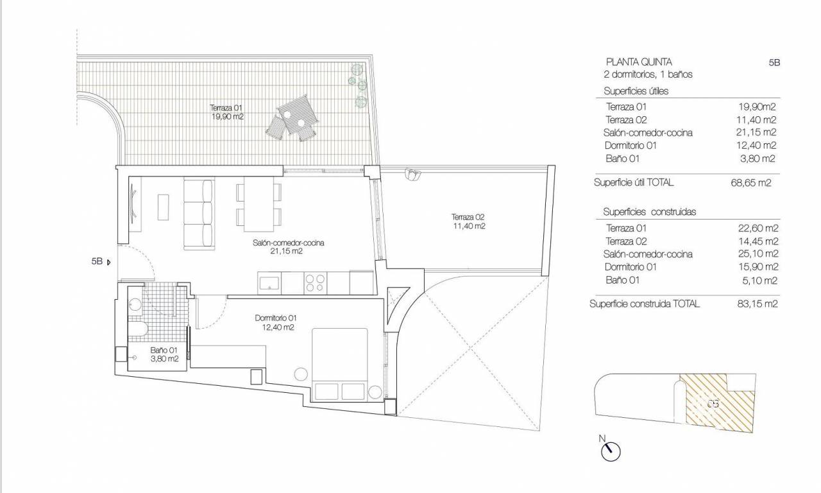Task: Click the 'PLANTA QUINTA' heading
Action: click(x=639, y=62)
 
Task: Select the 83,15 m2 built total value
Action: click(x=758, y=304)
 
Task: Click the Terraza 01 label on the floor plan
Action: click(x=226, y=108)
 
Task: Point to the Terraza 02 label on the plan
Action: click(x=468, y=217)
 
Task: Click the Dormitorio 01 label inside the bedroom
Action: click(x=276, y=318)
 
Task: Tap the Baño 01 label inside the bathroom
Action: click(x=164, y=350)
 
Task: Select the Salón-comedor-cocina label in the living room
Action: click(x=288, y=243)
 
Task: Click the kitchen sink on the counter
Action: click(x=269, y=283)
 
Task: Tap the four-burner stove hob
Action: click(x=315, y=283)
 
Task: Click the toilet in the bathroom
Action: click(x=137, y=329)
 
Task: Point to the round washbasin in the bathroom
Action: click(x=135, y=305)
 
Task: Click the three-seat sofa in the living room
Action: click(x=199, y=214)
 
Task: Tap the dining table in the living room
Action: click(x=258, y=204)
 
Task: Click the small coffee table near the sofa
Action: click(x=163, y=207)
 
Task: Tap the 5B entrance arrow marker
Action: click(x=108, y=263)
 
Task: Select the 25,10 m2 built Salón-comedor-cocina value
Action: click(x=758, y=254)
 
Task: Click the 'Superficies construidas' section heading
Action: click(x=650, y=212)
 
